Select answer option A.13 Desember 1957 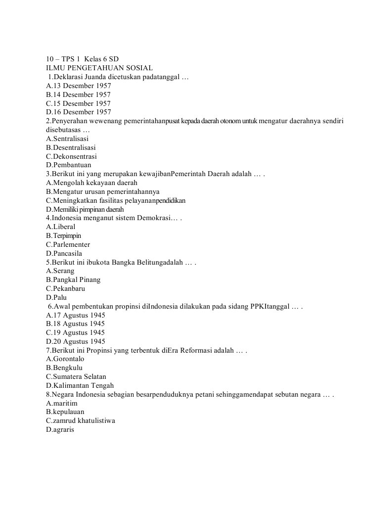pos(78,86)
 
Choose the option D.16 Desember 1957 pos(78,112)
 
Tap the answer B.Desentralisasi pos(71,147)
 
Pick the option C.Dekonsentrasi pos(71,156)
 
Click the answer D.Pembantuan pos(68,165)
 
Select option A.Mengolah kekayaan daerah pos(91,183)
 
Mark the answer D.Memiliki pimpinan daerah pos(85,209)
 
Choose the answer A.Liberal pos(60,227)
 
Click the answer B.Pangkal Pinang pos(73,279)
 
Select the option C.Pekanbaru pos(68,288)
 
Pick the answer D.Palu pos(56,297)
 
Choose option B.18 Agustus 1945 pos(75,323)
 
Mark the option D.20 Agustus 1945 pos(75,341)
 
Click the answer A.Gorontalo pos(65,359)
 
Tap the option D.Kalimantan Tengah pos(80,385)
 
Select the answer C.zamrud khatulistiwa pos(80,420)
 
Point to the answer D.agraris pos(60,429)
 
